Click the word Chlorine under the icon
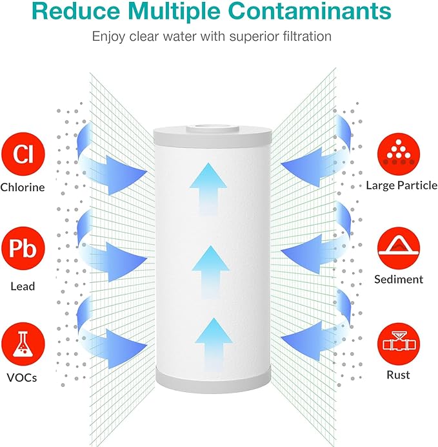click(x=23, y=188)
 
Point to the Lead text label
click(x=23, y=286)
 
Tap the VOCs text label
click(x=23, y=378)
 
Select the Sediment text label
click(x=399, y=280)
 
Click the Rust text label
click(x=399, y=375)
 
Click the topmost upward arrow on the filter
click(x=208, y=186)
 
